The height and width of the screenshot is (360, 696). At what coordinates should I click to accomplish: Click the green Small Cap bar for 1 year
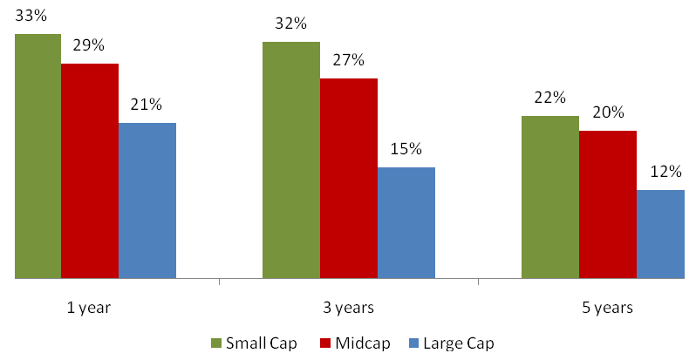[x=38, y=157]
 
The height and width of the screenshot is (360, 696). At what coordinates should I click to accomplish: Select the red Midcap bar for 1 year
[x=89, y=171]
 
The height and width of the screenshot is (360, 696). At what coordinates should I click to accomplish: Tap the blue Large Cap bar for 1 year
[x=147, y=200]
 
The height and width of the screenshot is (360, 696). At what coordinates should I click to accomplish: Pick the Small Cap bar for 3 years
[x=290, y=160]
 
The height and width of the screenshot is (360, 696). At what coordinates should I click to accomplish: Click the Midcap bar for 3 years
[x=348, y=179]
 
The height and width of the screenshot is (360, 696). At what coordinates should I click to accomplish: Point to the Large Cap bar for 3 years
[x=406, y=223]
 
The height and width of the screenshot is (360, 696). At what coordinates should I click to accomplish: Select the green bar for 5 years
[x=549, y=197]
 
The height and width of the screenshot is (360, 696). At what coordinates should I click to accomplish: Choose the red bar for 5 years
[x=607, y=205]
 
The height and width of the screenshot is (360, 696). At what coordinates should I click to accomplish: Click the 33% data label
[x=31, y=15]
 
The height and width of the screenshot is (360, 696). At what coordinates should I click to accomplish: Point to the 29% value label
[x=89, y=44]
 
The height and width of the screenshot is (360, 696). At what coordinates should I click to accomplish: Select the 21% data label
[x=147, y=105]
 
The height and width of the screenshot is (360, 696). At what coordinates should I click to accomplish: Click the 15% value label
[x=406, y=149]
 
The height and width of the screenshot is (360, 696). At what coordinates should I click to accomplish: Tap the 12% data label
[x=665, y=172]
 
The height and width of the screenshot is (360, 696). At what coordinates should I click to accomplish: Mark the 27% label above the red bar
[x=348, y=60]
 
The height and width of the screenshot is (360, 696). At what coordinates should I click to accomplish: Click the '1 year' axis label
[x=89, y=308]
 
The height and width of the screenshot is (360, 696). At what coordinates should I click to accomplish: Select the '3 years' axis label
[x=348, y=308]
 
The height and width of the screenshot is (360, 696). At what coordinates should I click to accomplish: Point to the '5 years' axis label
[x=607, y=308]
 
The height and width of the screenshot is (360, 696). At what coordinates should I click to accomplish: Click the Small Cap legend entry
[x=254, y=343]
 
